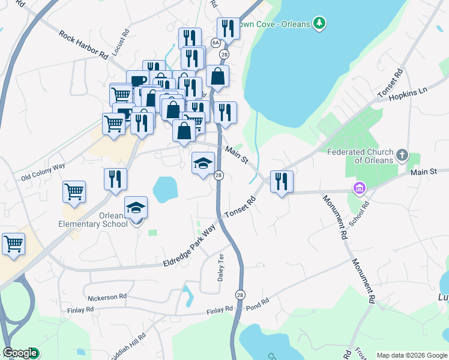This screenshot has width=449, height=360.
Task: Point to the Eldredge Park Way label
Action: click(x=190, y=248)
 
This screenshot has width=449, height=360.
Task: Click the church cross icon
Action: click(x=402, y=155)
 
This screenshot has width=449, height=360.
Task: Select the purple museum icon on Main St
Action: click(x=360, y=188)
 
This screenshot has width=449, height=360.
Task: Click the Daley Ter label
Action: click(x=220, y=268)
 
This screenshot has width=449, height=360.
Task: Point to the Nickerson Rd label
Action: click(x=107, y=296)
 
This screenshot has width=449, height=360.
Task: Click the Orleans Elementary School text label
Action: click(x=101, y=220)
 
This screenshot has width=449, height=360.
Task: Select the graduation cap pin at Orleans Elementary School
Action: click(x=136, y=208)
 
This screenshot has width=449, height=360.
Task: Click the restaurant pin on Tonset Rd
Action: click(x=282, y=181)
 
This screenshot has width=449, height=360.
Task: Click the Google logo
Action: click(x=20, y=353)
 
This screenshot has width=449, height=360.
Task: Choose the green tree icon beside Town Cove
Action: click(x=321, y=23)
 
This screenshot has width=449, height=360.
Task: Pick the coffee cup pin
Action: click(x=137, y=80)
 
